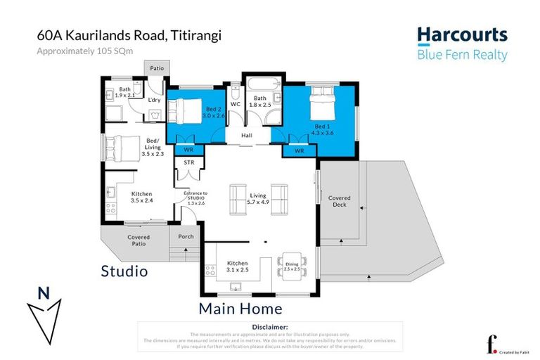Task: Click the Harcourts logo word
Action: tap(461, 34)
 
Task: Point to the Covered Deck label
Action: tap(339, 202)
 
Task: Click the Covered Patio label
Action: tap(139, 240)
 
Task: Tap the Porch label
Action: tap(186, 236)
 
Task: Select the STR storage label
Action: tap(188, 162)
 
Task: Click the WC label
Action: tap(236, 103)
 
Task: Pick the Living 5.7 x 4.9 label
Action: tap(258, 198)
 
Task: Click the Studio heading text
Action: tap(124, 271)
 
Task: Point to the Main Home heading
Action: tap(240, 308)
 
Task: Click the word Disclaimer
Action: tap(269, 327)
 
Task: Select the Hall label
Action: tap(247, 135)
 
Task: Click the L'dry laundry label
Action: tap(155, 100)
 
